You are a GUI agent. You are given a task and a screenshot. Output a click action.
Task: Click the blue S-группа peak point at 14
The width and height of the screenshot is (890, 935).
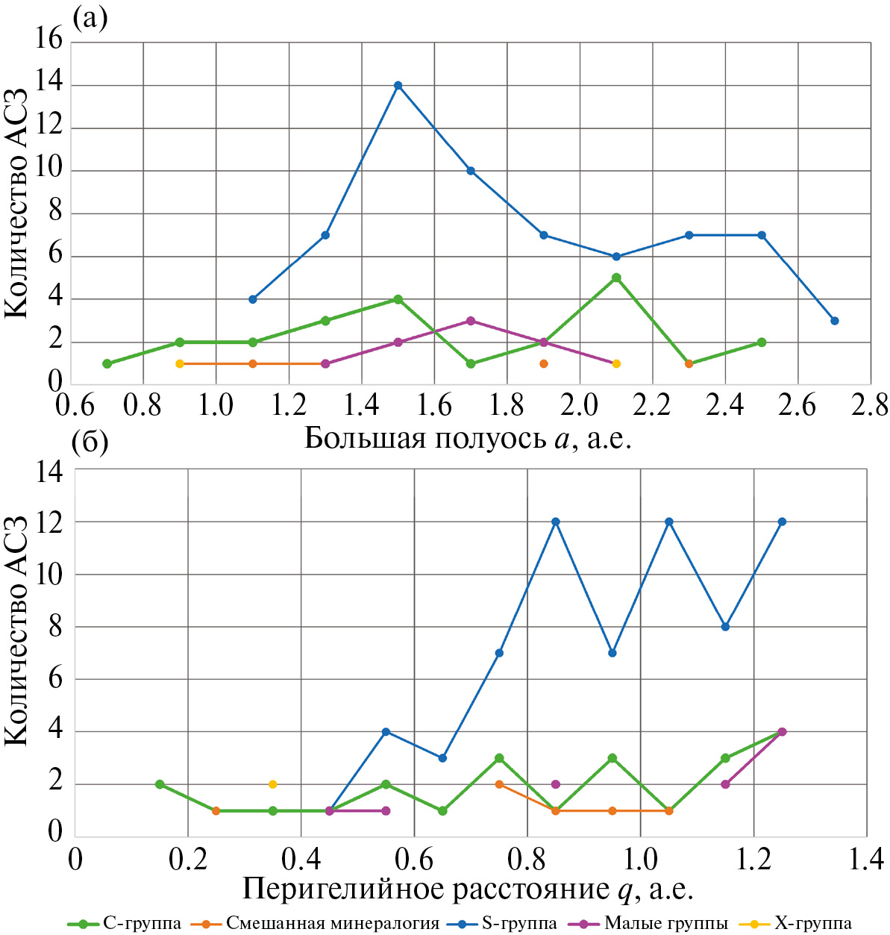pyautogui.click(x=398, y=85)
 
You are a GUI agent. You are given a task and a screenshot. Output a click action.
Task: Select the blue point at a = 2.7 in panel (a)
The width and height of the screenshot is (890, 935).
pyautogui.click(x=834, y=321)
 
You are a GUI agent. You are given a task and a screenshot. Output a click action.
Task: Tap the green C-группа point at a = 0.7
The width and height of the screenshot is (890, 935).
pyautogui.click(x=107, y=363)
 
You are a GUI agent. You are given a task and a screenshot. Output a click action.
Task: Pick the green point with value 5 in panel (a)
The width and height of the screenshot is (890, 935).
pyautogui.click(x=616, y=278)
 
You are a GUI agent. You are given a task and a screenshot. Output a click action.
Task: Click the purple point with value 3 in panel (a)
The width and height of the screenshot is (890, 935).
pyautogui.click(x=471, y=321)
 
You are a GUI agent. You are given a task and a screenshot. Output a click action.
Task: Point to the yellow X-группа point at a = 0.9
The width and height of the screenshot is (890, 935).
pyautogui.click(x=179, y=363)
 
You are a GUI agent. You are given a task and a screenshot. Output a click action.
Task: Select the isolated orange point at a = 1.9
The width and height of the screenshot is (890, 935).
pyautogui.click(x=544, y=363)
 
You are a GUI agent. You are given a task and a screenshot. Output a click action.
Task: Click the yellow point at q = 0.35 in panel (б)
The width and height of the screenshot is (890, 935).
pyautogui.click(x=273, y=784)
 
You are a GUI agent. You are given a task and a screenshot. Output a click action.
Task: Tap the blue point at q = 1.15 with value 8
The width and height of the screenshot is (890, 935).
pyautogui.click(x=725, y=627)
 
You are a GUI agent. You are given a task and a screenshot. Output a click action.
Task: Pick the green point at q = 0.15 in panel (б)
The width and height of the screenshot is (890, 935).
pyautogui.click(x=160, y=784)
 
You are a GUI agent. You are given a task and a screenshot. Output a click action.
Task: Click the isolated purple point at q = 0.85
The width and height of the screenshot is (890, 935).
pyautogui.click(x=556, y=784)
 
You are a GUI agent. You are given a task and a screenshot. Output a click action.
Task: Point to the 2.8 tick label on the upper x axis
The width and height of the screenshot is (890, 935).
pyautogui.click(x=870, y=405)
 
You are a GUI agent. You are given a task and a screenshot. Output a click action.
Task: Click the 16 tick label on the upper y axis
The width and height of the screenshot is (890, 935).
pyautogui.click(x=49, y=40)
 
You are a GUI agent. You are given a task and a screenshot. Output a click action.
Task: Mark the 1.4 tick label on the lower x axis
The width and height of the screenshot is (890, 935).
pyautogui.click(x=866, y=859)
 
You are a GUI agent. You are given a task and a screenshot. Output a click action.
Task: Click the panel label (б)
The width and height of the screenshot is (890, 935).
pyautogui.click(x=90, y=443)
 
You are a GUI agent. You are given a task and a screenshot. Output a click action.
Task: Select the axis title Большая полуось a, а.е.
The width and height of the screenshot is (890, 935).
pyautogui.click(x=468, y=438)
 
